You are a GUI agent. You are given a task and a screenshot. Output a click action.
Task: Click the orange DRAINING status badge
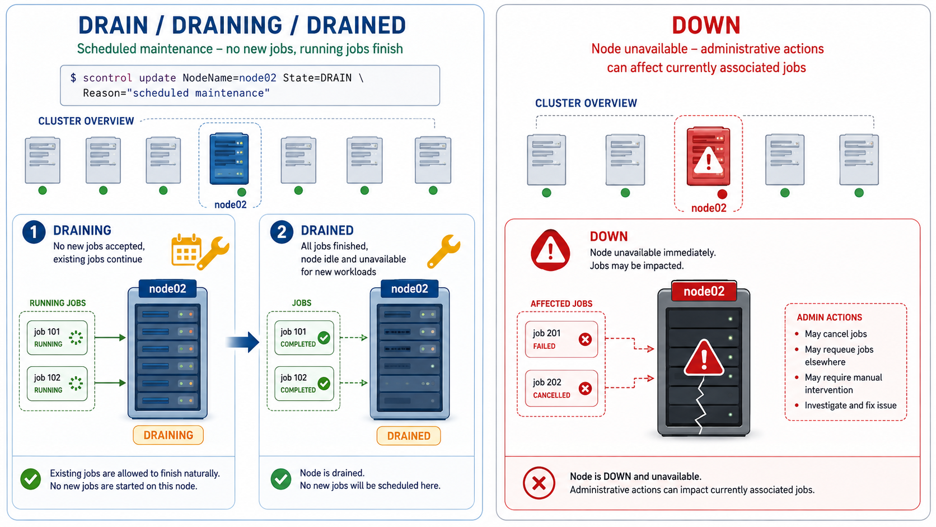tap(168, 435)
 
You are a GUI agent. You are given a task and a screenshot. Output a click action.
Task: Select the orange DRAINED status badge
tap(408, 436)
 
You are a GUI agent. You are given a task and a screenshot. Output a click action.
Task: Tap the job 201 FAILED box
tap(561, 339)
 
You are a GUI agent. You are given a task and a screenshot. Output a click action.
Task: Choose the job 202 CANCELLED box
tap(561, 388)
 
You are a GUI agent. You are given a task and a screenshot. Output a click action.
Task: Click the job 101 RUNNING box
tap(57, 338)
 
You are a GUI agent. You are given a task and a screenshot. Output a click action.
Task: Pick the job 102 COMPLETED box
tap(304, 384)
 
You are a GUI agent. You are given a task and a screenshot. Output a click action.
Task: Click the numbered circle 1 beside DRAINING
tap(34, 232)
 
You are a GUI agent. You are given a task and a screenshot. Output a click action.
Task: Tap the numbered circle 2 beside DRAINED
tap(282, 232)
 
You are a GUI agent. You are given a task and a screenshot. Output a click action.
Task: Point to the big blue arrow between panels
tap(243, 342)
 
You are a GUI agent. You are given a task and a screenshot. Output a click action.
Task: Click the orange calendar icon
tap(186, 250)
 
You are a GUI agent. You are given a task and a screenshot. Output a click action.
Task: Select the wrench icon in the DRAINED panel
tap(444, 251)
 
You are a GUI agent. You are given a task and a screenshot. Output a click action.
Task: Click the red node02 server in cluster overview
tap(708, 156)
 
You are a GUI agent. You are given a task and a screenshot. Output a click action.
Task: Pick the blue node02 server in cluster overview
tap(229, 158)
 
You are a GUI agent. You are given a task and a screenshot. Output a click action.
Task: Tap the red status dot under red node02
tap(722, 194)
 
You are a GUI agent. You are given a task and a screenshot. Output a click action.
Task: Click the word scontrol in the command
tap(107, 78)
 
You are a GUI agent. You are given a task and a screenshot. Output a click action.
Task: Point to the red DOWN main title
tap(706, 25)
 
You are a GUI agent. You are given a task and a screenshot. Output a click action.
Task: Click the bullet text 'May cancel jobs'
tap(836, 334)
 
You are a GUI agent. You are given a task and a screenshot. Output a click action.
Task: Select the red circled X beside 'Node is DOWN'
tap(539, 483)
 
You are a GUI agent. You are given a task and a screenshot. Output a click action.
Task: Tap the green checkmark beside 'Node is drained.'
tap(281, 479)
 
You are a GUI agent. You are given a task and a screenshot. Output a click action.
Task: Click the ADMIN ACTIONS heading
tap(830, 317)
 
